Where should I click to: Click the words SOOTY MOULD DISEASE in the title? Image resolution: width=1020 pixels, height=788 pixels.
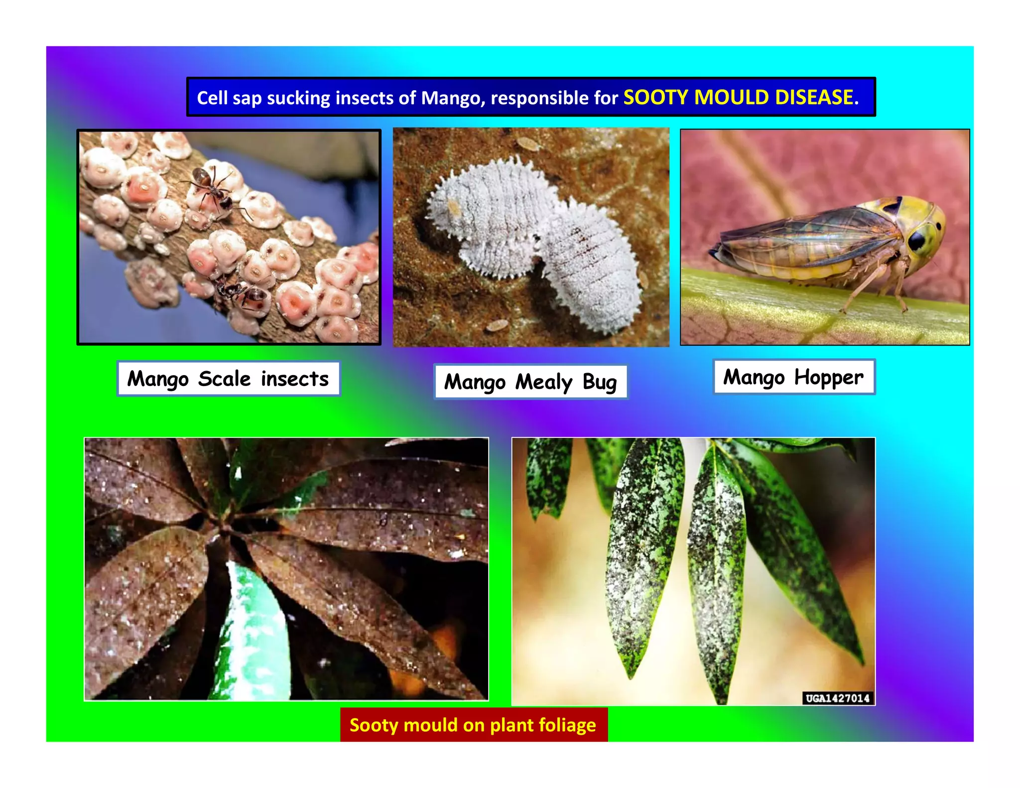pos(741,97)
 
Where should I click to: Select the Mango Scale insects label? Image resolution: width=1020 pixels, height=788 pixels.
pos(228,379)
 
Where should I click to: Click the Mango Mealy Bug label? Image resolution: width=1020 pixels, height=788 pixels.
pos(530,382)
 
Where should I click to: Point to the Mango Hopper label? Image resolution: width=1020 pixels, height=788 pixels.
pos(793,377)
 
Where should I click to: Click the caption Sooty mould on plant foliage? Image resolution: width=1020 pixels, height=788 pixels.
pos(473,725)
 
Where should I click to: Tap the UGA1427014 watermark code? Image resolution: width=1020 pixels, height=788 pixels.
pos(838,698)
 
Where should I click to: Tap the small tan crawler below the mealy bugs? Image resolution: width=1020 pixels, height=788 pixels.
pos(496,326)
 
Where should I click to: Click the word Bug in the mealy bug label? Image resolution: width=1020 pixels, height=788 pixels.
pos(600,382)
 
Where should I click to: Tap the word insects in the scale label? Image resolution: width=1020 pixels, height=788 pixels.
pos(295,379)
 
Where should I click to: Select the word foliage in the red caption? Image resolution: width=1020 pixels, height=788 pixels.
pos(567,725)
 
